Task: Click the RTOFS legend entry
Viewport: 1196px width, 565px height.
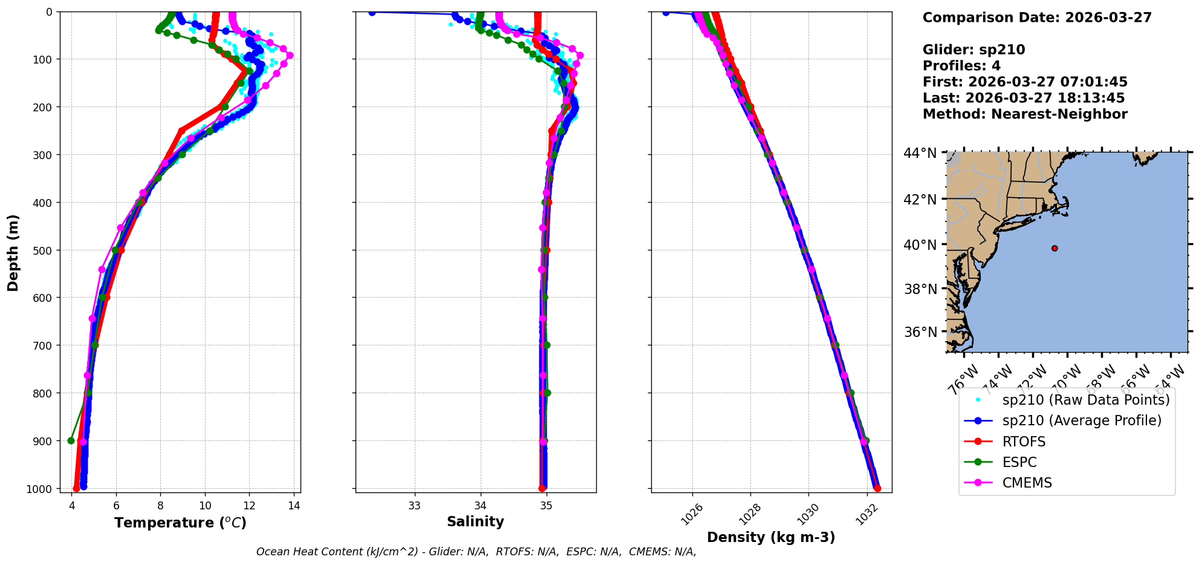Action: point(1023,442)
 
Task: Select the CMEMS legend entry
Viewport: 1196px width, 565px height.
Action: point(1027,483)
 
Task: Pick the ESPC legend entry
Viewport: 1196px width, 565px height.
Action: point(1019,462)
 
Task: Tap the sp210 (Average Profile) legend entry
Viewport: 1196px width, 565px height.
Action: point(1081,420)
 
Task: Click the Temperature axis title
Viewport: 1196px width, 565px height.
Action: point(180,523)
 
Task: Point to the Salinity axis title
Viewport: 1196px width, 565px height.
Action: point(475,521)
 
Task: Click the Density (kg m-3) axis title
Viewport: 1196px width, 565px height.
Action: point(771,537)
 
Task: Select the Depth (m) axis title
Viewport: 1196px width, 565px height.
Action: point(13,252)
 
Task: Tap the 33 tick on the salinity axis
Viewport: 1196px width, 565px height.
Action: point(414,505)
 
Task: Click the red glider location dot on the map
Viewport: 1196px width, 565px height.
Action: point(1055,248)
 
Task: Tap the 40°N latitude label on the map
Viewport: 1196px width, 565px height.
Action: point(920,244)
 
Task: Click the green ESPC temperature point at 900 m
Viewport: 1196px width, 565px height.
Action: point(71,440)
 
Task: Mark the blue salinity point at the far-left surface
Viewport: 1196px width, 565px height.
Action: point(372,12)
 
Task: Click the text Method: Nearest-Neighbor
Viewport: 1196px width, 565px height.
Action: point(1025,114)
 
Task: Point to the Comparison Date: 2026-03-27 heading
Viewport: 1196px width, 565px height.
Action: point(1037,18)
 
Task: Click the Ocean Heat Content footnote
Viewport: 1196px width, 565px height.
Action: point(476,552)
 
